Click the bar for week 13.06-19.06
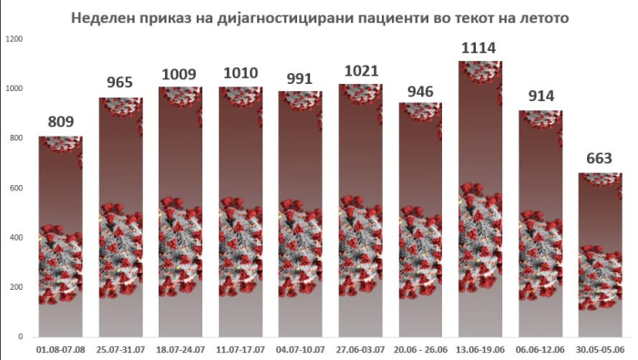coord(480,199)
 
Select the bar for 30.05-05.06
coord(600,254)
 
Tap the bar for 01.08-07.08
coord(61,236)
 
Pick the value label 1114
coord(478,47)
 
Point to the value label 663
coord(599,158)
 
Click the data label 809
coord(61,121)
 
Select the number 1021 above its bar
coord(361,71)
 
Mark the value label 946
coord(420,91)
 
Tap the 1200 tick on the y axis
coord(15,39)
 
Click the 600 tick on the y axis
coord(16,188)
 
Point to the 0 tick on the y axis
coord(20,337)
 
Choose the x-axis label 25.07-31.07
coord(121,349)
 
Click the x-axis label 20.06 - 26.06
coord(420,349)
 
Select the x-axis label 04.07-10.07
coord(300,349)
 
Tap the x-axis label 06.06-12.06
coord(540,349)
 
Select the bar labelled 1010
coord(241,212)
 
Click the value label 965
coord(120,82)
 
